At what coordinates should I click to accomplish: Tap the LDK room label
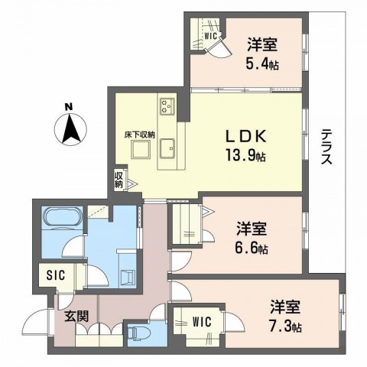point(244,136)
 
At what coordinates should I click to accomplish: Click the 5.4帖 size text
point(261,65)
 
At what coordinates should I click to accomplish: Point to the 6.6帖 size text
point(252,248)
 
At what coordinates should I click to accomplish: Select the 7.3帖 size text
point(284,326)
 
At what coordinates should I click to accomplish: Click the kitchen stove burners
point(168,106)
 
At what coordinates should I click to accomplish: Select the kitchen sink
point(169,148)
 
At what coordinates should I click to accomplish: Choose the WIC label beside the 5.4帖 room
point(211,35)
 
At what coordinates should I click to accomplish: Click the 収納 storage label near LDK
point(119,180)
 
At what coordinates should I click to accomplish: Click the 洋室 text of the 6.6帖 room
point(252,229)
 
